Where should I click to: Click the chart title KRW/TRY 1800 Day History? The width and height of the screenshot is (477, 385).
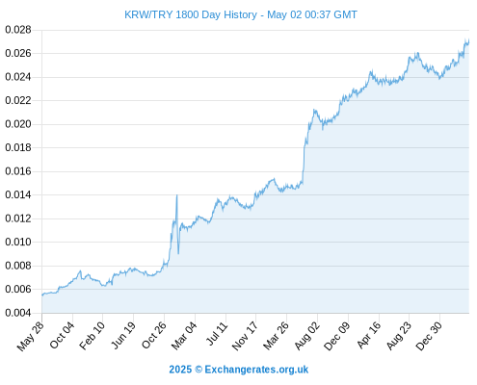pos(191,14)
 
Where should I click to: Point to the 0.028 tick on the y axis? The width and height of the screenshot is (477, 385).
pos(18,30)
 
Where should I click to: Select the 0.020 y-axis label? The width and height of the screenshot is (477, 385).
pos(18,124)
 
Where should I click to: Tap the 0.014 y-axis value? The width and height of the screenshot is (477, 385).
pos(18,194)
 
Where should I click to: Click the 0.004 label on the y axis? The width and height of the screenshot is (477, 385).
pos(18,313)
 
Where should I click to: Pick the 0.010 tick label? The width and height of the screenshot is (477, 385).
pos(18,242)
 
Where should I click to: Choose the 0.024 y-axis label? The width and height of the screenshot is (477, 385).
pos(18,77)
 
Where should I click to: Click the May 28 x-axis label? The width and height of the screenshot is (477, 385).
pos(31,336)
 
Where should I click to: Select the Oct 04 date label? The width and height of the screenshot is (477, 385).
pos(63,335)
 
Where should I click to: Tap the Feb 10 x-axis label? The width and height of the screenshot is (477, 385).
pos(93,336)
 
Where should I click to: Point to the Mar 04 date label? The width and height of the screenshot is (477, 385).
pos(184,336)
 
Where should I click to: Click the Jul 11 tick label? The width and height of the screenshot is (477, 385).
pos(217,334)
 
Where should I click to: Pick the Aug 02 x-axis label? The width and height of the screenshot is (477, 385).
pos(307,336)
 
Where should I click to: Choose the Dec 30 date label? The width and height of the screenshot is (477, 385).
pos(429,336)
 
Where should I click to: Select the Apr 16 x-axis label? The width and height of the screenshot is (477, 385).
pos(369,335)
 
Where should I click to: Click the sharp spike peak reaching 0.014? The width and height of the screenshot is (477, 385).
pos(177,195)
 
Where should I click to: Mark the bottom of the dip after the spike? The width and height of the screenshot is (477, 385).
pos(178,253)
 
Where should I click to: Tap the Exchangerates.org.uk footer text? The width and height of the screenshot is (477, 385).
pos(256,370)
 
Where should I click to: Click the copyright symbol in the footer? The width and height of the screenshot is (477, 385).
pos(199,370)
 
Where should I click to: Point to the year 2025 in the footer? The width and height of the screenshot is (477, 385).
pos(180,370)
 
